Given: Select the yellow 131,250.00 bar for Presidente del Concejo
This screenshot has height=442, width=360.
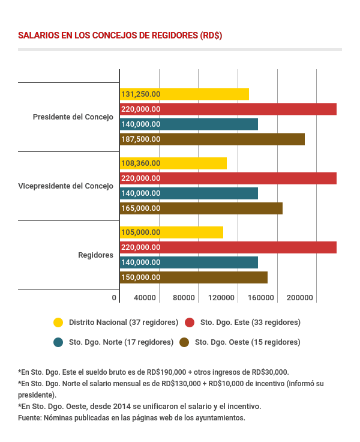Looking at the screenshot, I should coord(184,94).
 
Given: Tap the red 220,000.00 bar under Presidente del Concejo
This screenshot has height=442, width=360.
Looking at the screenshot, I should coord(228,109).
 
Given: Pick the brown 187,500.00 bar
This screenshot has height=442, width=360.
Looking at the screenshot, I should coord(212,139).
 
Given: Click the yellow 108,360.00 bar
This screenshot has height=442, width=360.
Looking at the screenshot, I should coord(173,163).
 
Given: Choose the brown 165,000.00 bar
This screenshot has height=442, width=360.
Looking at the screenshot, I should coord(201,208).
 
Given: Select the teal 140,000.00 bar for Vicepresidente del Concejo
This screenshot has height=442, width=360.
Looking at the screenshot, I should coord(189,193).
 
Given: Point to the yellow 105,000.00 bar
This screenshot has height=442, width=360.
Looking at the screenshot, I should coord(172,232).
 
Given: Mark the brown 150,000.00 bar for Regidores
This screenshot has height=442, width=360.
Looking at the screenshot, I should coord(193,277).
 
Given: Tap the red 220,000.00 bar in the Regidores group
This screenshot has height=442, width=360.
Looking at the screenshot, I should coord(228,247).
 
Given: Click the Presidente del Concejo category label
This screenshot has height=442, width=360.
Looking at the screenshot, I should coord(73,117).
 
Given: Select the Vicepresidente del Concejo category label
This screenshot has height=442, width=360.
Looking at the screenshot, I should coord(66,186).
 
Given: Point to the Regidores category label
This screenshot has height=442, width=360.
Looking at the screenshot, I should coord(96,255).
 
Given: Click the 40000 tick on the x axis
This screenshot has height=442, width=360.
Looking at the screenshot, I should coord(145,298).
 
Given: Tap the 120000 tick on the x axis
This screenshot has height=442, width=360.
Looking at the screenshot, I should coord(222,298).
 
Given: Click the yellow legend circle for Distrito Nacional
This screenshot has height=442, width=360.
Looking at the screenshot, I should coord(58,322).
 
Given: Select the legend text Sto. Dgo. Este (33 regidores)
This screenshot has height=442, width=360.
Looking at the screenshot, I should coord(250,322).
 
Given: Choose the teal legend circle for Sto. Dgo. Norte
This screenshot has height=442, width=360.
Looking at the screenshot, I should coord(58,342).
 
